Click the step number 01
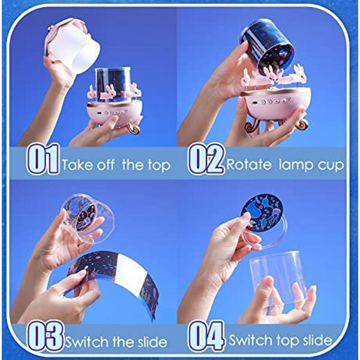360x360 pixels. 43,159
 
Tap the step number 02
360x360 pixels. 206,159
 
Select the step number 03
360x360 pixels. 45,337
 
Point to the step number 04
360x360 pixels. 206,337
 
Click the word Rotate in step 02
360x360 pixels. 248,164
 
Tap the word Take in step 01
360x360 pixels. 77,164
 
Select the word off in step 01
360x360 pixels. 106,164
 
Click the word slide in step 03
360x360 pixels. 152,342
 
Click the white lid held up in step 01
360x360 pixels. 73,46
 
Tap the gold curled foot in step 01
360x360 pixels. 134,128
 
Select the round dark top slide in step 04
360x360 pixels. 263,212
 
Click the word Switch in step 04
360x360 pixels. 250,340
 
